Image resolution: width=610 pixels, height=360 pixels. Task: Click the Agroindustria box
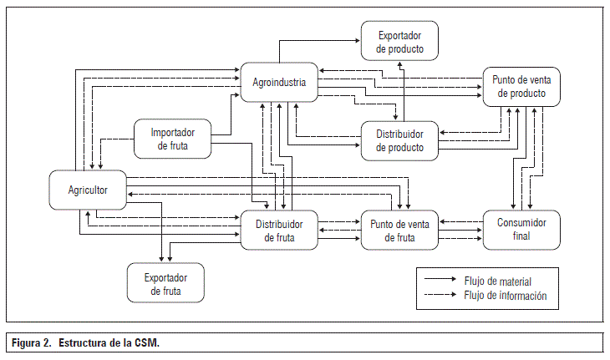pyautogui.click(x=279, y=83)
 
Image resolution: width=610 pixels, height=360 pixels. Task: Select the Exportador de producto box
pyautogui.click(x=399, y=42)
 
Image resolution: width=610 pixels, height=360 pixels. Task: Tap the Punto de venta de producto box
pyautogui.click(x=521, y=86)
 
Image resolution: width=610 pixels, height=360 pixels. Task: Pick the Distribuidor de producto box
pyautogui.click(x=399, y=140)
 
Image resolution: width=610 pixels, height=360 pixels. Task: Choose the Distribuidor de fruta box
pyautogui.click(x=279, y=230)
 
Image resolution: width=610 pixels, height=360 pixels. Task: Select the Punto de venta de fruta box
pyautogui.click(x=399, y=230)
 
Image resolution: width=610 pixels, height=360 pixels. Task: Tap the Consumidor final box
pyautogui.click(x=521, y=230)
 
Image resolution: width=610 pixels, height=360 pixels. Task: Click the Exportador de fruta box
pyautogui.click(x=165, y=282)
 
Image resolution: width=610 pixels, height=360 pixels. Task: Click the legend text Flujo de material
pyautogui.click(x=497, y=281)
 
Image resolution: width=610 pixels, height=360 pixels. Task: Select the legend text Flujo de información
pyautogui.click(x=505, y=295)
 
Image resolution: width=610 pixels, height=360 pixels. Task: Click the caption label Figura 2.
pyautogui.click(x=32, y=343)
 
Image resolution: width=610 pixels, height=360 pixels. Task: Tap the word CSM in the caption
pyautogui.click(x=145, y=343)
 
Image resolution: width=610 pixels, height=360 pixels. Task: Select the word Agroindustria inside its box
pyautogui.click(x=279, y=83)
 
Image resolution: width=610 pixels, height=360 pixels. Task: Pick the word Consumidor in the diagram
pyautogui.click(x=521, y=223)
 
